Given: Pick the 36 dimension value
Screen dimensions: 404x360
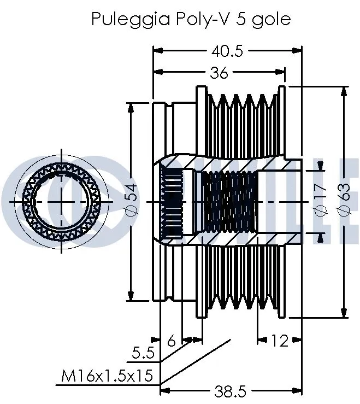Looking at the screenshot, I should (219, 72).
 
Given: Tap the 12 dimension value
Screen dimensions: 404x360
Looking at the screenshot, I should (279, 341).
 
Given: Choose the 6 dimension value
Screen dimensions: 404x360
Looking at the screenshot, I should (171, 341).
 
